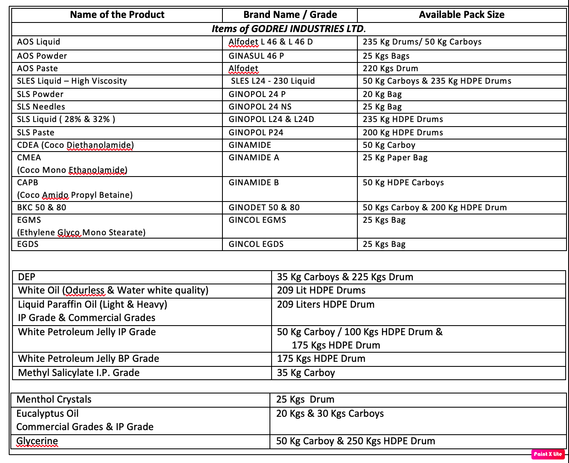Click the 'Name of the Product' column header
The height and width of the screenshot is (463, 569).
click(x=117, y=15)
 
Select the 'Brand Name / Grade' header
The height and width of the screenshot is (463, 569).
click(x=290, y=15)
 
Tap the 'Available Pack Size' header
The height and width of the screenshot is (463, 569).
click(x=462, y=15)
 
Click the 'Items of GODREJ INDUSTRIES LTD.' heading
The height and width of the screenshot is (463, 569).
click(x=289, y=29)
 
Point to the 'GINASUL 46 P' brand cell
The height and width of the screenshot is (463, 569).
click(x=256, y=56)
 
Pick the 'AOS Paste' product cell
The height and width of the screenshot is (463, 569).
click(x=37, y=68)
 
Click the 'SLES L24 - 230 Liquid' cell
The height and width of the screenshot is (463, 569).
click(x=273, y=81)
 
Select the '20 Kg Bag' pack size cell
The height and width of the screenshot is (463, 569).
click(x=382, y=94)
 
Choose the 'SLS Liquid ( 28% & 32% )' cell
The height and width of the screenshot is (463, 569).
click(x=66, y=119)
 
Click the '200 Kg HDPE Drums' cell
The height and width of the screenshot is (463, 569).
click(x=403, y=132)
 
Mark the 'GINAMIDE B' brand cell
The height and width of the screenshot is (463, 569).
click(x=254, y=182)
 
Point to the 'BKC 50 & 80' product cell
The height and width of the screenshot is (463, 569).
click(x=42, y=207)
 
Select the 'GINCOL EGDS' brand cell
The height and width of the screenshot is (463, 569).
click(x=256, y=244)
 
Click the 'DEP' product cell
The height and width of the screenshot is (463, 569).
click(x=27, y=277)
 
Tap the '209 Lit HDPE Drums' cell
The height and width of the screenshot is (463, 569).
click(x=321, y=290)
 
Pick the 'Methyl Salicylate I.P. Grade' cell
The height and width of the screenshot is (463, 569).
click(x=79, y=373)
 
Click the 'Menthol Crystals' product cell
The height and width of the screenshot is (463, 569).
click(x=54, y=399)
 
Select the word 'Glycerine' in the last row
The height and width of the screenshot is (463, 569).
click(x=37, y=441)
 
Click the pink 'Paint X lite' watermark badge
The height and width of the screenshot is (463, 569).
click(x=548, y=454)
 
